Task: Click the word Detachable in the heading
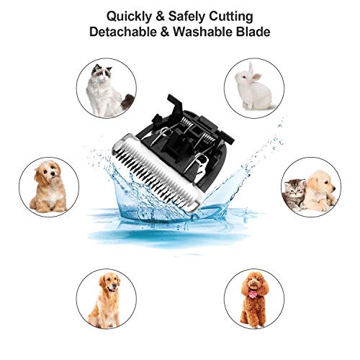click(x=125, y=33)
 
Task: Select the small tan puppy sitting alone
click(x=49, y=186)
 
